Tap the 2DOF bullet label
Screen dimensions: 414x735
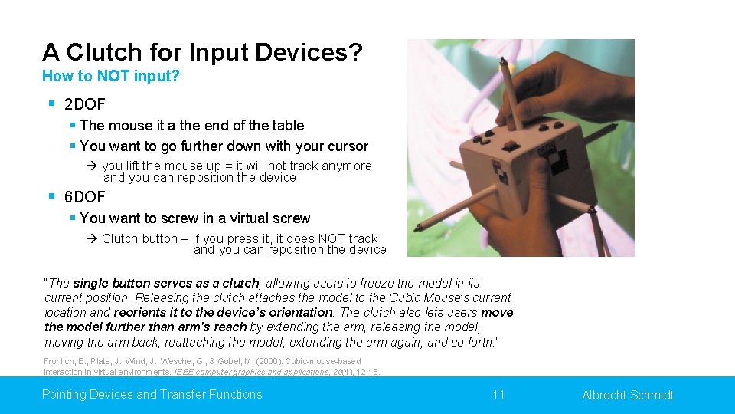(x=85, y=103)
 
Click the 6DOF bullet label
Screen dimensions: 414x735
(x=85, y=197)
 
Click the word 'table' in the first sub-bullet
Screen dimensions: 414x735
(x=287, y=126)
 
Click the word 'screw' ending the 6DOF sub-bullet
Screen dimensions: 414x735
(x=292, y=219)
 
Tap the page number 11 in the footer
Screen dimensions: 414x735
(x=498, y=395)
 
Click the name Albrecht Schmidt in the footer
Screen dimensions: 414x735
(x=628, y=396)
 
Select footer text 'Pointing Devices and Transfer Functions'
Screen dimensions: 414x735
(x=152, y=395)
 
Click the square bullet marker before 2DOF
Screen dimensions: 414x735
(x=51, y=103)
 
